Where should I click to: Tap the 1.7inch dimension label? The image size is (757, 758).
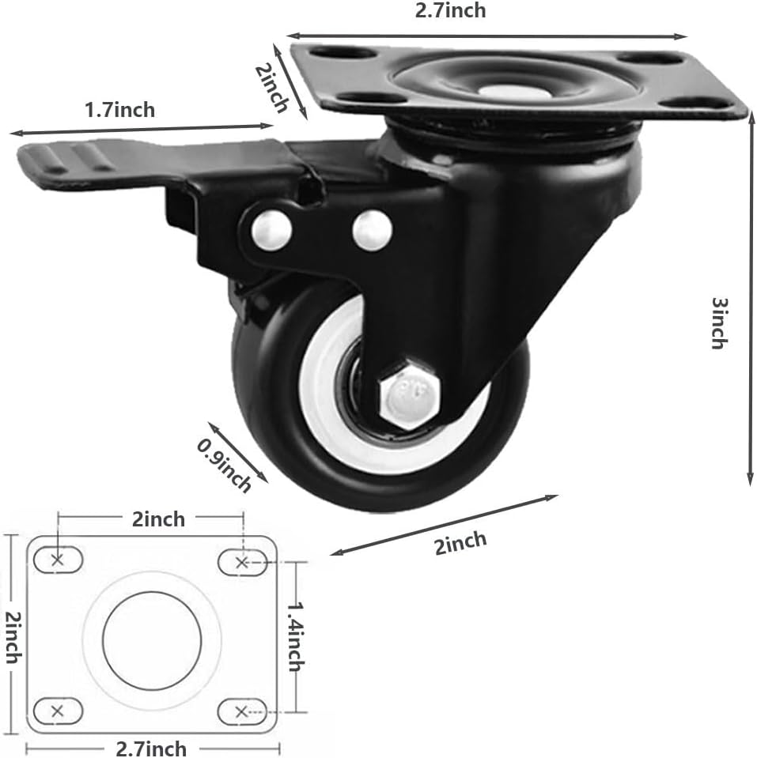coord(120,110)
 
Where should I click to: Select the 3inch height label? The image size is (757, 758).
coord(718,322)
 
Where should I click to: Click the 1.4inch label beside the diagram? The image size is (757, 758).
coord(294,635)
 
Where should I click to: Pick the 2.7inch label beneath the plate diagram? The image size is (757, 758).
coord(151,748)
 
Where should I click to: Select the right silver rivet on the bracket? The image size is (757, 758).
coord(372,230)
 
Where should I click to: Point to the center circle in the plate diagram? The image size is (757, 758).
coord(152,637)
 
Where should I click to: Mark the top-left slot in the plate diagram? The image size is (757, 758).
coord(58,560)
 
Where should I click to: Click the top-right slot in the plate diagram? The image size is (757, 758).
coord(243,561)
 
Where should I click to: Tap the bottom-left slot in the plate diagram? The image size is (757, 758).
coord(58,711)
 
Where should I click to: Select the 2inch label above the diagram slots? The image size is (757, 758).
coord(158,519)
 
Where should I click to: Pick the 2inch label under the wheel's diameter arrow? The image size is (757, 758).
coord(460,543)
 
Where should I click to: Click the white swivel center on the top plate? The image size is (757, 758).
coord(514,92)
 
